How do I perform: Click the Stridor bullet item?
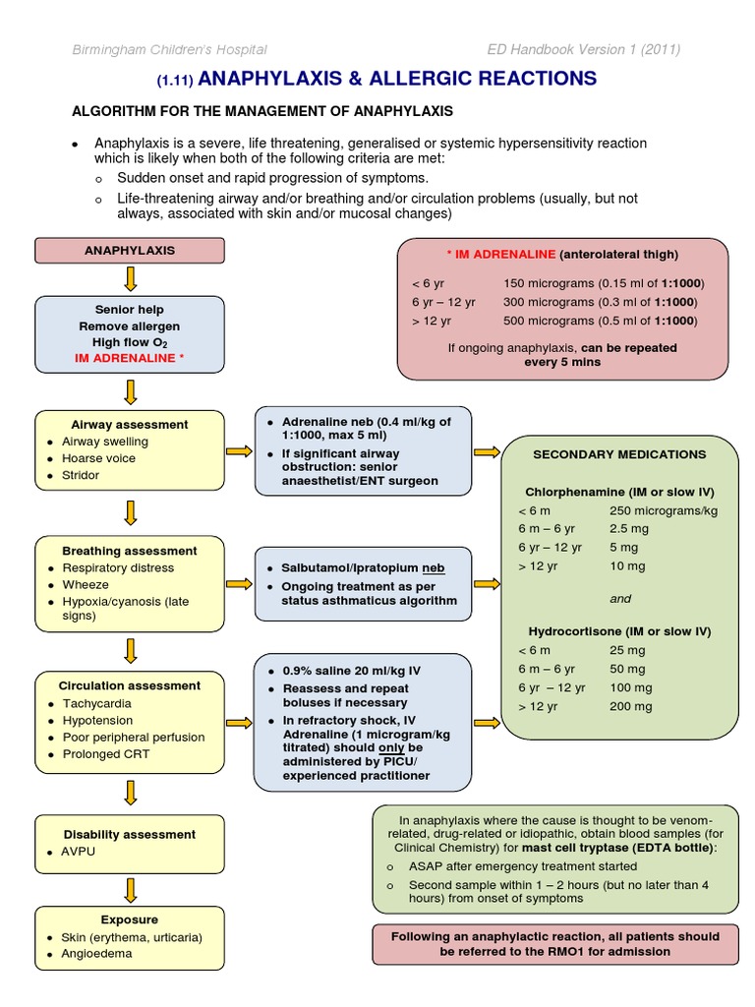(81, 475)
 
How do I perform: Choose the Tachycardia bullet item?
(96, 703)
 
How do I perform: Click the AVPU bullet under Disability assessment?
(79, 851)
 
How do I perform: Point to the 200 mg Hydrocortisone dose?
(630, 706)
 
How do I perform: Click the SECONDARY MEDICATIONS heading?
(619, 454)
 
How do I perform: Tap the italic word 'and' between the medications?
(619, 598)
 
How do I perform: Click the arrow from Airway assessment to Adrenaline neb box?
(239, 451)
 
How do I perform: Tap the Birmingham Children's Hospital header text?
(168, 50)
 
